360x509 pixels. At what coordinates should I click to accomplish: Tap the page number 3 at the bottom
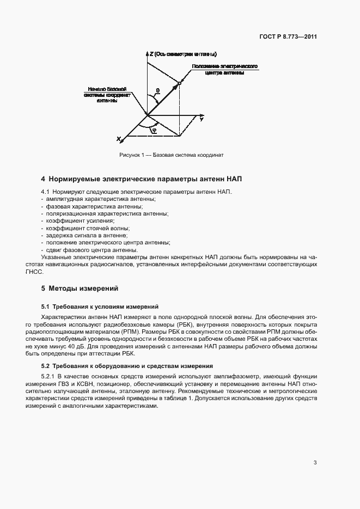pyautogui.click(x=315, y=463)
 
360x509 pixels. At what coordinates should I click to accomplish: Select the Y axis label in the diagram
pyautogui.click(x=202, y=119)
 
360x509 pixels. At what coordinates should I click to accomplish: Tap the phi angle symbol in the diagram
pyautogui.click(x=154, y=130)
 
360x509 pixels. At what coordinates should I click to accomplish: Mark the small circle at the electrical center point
pyautogui.click(x=179, y=83)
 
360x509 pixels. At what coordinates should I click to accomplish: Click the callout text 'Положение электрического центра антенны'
pyautogui.click(x=224, y=69)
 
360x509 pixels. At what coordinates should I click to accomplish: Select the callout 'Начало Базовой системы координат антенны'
pyautogui.click(x=108, y=94)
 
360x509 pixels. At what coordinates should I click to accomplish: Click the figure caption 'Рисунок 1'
pyautogui.click(x=172, y=155)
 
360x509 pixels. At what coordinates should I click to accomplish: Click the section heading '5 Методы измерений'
pyautogui.click(x=80, y=288)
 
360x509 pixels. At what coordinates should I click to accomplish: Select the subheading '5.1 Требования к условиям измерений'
pyautogui.click(x=100, y=307)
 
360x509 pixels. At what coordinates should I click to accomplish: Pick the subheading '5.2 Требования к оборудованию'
pyautogui.click(x=127, y=366)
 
